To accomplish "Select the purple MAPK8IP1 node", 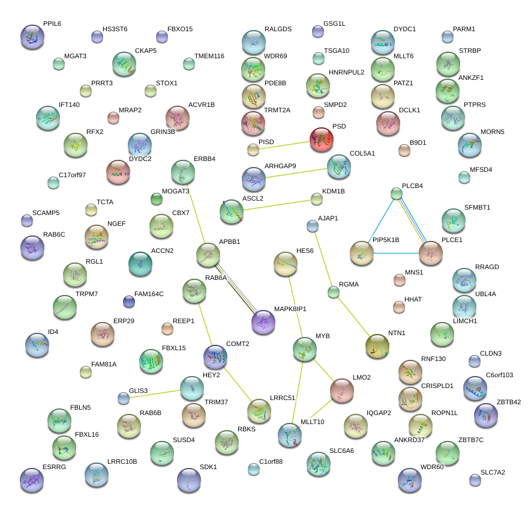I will pyautogui.click(x=263, y=322).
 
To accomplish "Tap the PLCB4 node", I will pyautogui.click(x=396, y=193).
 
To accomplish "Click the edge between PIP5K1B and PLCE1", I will pyautogui.click(x=396, y=253).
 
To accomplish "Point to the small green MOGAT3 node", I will pyautogui.click(x=157, y=199).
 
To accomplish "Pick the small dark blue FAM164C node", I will pyautogui.click(x=128, y=301).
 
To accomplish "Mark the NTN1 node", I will pyautogui.click(x=377, y=346).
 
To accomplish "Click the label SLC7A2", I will pyautogui.click(x=493, y=472).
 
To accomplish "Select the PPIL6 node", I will pyautogui.click(x=32, y=36).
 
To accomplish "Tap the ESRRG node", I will pyautogui.click(x=31, y=480).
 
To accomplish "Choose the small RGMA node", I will pyautogui.click(x=334, y=293).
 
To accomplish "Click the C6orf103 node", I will pyautogui.click(x=475, y=389).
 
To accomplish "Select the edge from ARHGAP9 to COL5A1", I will pyautogui.click(x=296, y=172).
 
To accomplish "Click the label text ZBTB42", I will pyautogui.click(x=509, y=402).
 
